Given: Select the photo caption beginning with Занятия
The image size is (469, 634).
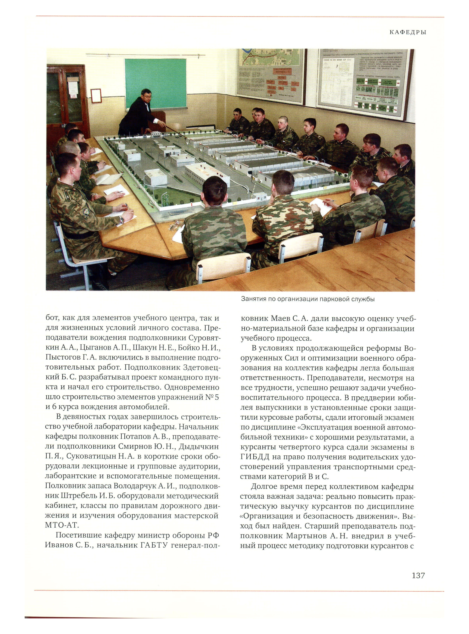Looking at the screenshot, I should [308, 299].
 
